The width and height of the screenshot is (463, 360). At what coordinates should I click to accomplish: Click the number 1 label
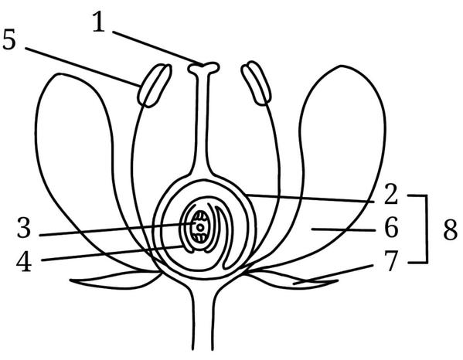click(x=99, y=22)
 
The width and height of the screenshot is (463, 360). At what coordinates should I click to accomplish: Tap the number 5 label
click(x=9, y=39)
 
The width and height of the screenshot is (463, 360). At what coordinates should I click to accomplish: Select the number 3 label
click(x=24, y=227)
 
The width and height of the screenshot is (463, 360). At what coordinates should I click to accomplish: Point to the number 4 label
click(x=24, y=261)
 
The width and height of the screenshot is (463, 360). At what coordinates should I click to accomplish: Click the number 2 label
click(x=391, y=194)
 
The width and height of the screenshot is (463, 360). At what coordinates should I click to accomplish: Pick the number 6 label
click(x=392, y=227)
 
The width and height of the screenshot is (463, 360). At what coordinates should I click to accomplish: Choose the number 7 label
click(x=391, y=261)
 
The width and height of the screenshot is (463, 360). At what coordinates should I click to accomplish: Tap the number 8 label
click(x=451, y=230)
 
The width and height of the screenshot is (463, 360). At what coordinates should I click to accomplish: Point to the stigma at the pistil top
click(x=204, y=68)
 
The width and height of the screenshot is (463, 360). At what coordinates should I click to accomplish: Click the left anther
click(x=154, y=85)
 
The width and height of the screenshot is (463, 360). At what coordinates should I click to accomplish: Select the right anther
click(x=256, y=83)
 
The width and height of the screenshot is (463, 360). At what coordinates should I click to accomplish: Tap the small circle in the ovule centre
click(x=200, y=227)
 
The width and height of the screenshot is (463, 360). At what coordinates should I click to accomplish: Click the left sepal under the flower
click(x=115, y=280)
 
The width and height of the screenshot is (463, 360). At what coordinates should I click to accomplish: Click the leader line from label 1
click(x=158, y=48)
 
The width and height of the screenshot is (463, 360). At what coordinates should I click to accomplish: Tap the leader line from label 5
click(x=83, y=66)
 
